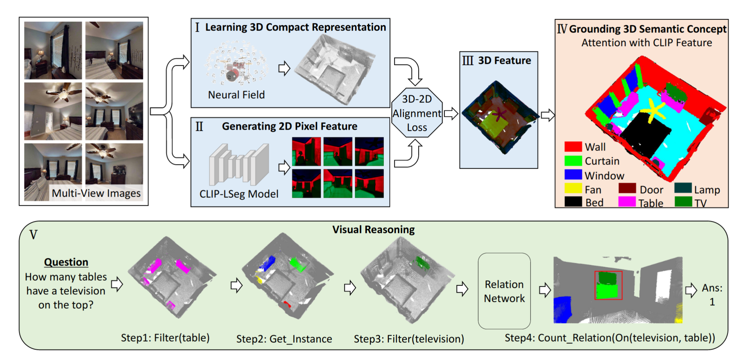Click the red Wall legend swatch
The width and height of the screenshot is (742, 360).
click(x=573, y=147)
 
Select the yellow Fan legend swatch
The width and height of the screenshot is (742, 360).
click(x=573, y=188)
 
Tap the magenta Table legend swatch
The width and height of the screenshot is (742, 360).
click(x=627, y=202)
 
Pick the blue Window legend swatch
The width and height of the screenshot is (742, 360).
click(x=573, y=174)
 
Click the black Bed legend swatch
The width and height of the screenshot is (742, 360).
click(x=573, y=202)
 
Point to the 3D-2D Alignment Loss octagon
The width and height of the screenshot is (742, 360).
click(x=417, y=113)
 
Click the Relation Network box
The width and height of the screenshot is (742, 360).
click(x=504, y=291)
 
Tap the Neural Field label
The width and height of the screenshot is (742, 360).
click(x=236, y=95)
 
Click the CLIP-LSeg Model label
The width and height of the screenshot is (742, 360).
click(x=239, y=194)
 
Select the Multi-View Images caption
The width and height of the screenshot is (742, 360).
click(x=96, y=193)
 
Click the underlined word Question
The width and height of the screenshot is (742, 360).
click(x=66, y=262)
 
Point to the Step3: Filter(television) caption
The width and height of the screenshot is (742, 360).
click(x=409, y=339)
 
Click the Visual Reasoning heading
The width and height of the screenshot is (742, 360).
click(x=374, y=230)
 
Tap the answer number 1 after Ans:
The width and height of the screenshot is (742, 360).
click(x=712, y=302)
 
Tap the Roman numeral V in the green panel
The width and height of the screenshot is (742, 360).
click(x=33, y=235)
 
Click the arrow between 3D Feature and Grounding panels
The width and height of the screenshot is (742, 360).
click(x=548, y=115)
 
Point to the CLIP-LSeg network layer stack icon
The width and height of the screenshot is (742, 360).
click(x=239, y=164)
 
